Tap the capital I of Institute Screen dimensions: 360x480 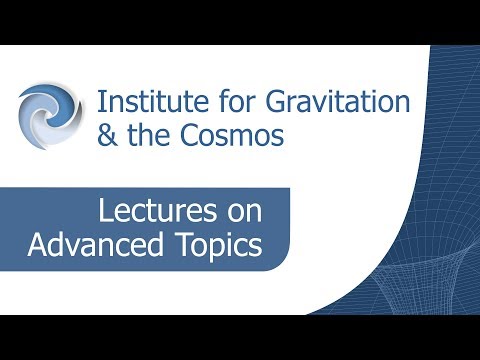tap(100, 101)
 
